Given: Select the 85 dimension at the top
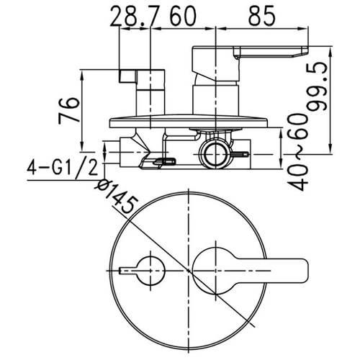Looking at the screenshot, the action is (x=262, y=16).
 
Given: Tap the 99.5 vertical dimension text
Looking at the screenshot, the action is (x=318, y=86).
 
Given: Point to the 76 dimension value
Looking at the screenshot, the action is (x=68, y=110).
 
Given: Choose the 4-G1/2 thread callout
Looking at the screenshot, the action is (x=62, y=167).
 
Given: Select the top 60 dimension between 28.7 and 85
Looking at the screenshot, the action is (x=183, y=16).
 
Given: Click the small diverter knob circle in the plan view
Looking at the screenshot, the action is (x=150, y=271).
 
